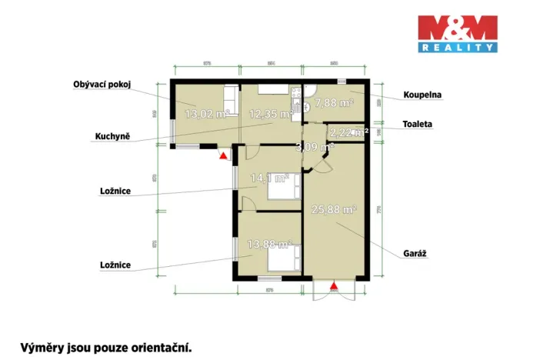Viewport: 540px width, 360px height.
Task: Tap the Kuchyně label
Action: click(x=112, y=136)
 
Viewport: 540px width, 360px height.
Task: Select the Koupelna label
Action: click(x=422, y=96)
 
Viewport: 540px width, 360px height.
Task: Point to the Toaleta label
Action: click(x=418, y=123)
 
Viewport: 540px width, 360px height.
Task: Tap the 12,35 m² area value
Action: click(x=272, y=115)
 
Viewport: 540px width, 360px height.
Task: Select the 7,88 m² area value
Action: click(x=334, y=102)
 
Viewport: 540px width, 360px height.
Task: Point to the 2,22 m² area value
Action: click(x=348, y=132)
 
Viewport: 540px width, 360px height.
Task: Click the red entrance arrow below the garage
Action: click(x=334, y=287)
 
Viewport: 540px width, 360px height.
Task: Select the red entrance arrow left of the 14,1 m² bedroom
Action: click(x=223, y=156)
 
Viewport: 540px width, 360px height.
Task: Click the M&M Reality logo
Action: click(x=457, y=34)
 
